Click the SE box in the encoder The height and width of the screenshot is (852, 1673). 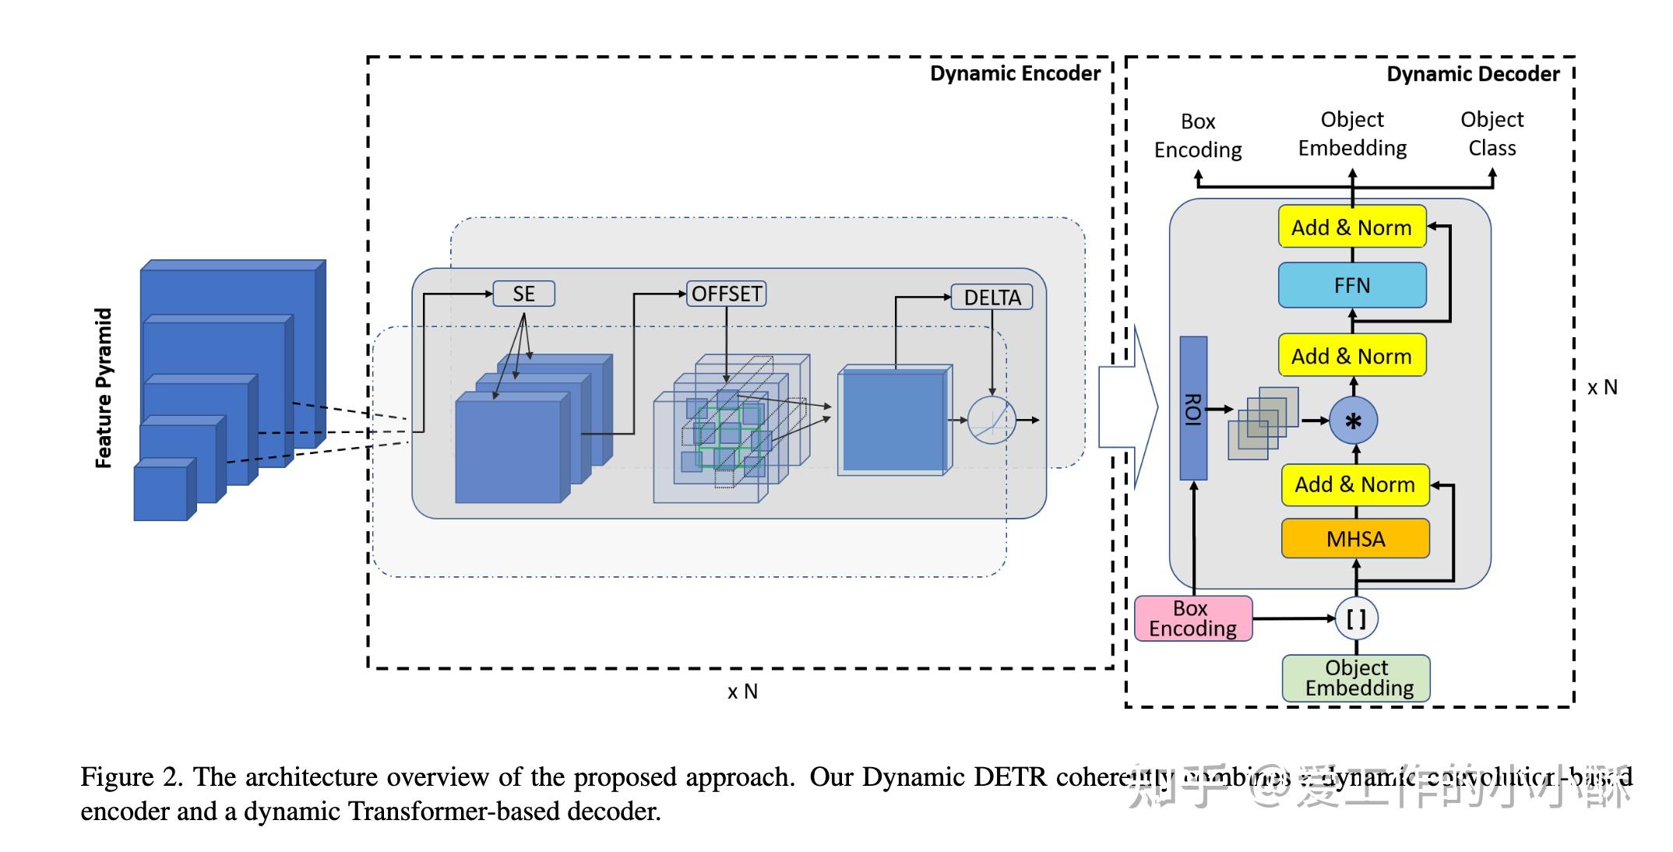(523, 294)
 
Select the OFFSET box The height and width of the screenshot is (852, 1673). (726, 294)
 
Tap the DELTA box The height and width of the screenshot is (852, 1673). (991, 297)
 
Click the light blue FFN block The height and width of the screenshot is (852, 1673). (1352, 285)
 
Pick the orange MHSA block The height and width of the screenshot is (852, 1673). (1355, 539)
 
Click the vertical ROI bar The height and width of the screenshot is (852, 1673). (1193, 408)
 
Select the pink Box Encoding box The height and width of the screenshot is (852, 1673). (1192, 618)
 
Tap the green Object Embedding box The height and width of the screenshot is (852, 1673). (1356, 678)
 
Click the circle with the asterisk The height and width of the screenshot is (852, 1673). (1354, 421)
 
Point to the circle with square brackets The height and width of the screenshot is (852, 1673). (1356, 618)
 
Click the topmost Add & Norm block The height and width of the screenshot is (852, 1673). (1351, 227)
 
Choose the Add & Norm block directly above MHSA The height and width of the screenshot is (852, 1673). (1354, 484)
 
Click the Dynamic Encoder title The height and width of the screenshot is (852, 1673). (1015, 74)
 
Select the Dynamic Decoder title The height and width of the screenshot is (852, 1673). (1473, 75)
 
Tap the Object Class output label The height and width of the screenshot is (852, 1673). (1492, 133)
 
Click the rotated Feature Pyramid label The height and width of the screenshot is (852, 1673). (104, 388)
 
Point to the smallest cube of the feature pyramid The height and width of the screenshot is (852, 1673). (162, 491)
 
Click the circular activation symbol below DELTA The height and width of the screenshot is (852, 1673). (991, 421)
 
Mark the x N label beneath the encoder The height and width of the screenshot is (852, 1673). (742, 692)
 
